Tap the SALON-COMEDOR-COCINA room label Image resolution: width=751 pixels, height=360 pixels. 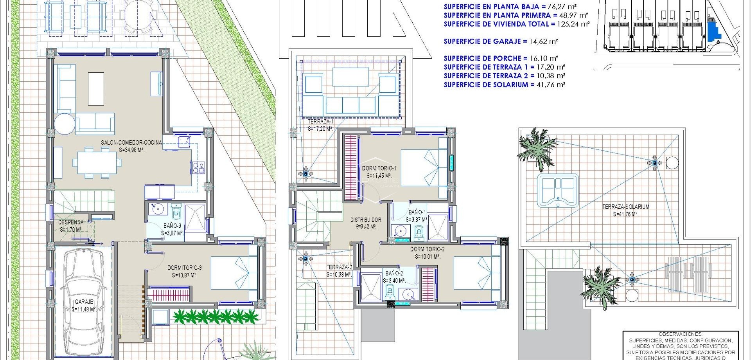tap(131, 143)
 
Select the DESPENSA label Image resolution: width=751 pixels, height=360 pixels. tap(71, 222)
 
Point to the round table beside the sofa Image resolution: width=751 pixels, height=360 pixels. tap(65, 124)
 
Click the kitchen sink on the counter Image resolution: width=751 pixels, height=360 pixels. tap(184, 141)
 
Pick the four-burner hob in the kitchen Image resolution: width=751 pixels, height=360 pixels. tap(198, 167)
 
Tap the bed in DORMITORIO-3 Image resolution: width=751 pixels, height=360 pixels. tap(234, 273)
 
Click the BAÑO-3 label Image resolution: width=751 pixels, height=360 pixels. tap(172, 226)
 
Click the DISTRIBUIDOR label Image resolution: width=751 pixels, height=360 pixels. tap(365, 220)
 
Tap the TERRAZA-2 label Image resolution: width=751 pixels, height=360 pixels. tap(339, 267)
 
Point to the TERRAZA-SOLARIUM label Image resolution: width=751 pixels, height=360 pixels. tap(625, 207)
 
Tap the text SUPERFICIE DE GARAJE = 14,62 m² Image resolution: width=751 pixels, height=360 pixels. tap(501, 41)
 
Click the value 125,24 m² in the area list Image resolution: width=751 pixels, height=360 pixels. tap(573, 24)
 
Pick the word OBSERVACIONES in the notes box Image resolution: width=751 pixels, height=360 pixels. tap(680, 334)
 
